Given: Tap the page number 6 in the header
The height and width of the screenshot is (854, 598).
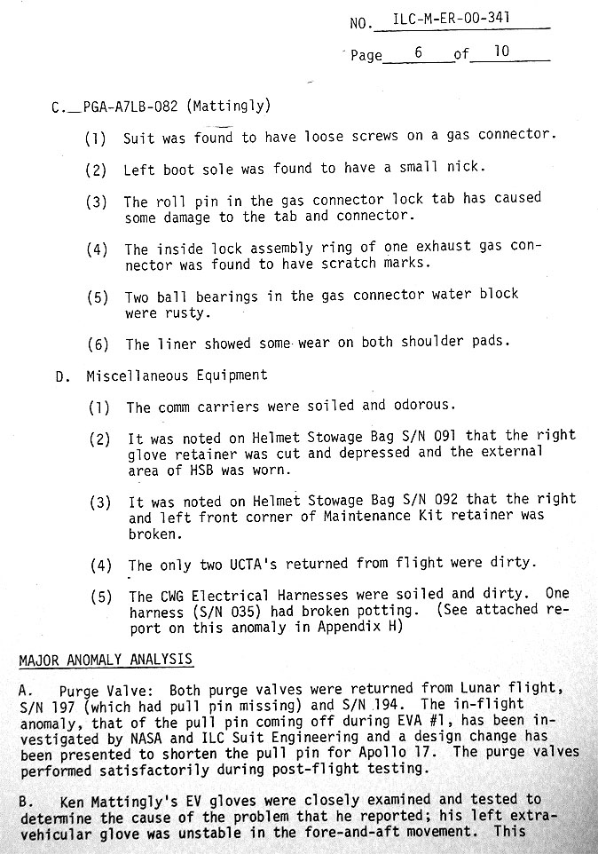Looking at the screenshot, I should (418, 52).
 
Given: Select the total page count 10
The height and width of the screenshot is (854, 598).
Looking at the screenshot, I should (501, 51).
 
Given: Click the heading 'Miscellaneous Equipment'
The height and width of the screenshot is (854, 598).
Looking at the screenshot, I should (176, 376).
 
